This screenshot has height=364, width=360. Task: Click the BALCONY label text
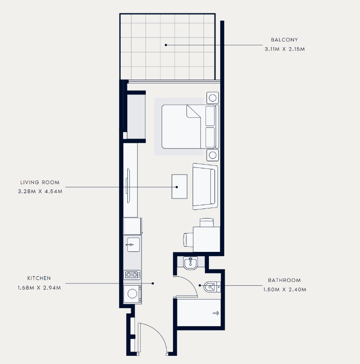tap(284, 40)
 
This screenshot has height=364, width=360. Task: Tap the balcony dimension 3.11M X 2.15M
tap(285, 49)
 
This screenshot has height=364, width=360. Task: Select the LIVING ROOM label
tap(40, 182)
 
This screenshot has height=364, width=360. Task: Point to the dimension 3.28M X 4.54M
tap(40, 191)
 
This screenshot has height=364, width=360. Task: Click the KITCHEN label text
tap(39, 278)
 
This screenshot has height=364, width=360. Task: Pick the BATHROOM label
tap(284, 280)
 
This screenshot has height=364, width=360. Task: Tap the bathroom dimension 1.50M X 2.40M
tap(285, 290)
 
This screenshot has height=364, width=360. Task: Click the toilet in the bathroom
tap(212, 287)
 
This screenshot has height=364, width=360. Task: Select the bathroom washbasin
tap(190, 263)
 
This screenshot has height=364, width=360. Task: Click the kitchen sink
tap(134, 245)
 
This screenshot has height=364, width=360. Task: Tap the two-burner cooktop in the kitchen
tap(132, 275)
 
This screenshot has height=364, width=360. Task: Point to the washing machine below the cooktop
tap(133, 294)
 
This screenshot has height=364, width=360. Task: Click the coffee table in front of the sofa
tap(179, 187)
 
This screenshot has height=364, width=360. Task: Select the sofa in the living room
tap(205, 187)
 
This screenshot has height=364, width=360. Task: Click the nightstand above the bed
tap(213, 98)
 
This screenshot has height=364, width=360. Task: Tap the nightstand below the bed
tap(213, 155)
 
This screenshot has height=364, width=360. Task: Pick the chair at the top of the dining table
tap(206, 222)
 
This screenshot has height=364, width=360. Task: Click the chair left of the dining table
tap(188, 240)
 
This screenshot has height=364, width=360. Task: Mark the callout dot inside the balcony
tap(166, 45)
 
